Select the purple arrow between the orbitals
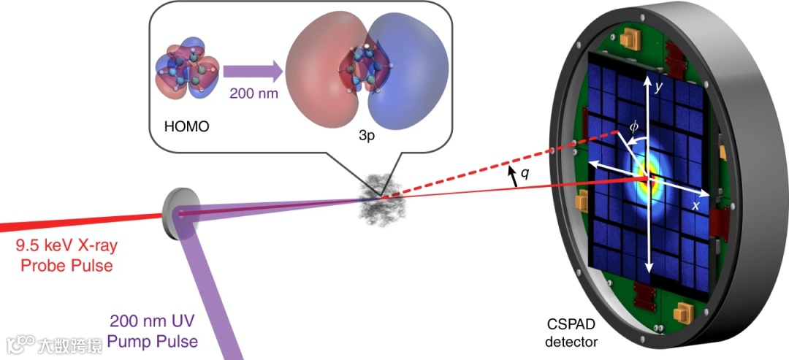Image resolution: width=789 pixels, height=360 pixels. pos(253,72)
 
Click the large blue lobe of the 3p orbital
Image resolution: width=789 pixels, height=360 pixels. pos(405,73)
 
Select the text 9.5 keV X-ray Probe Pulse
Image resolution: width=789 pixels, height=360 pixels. pos(62,256)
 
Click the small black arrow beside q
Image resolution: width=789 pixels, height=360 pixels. pos(515,176)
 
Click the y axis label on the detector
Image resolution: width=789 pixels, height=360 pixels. pos(658,87)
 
